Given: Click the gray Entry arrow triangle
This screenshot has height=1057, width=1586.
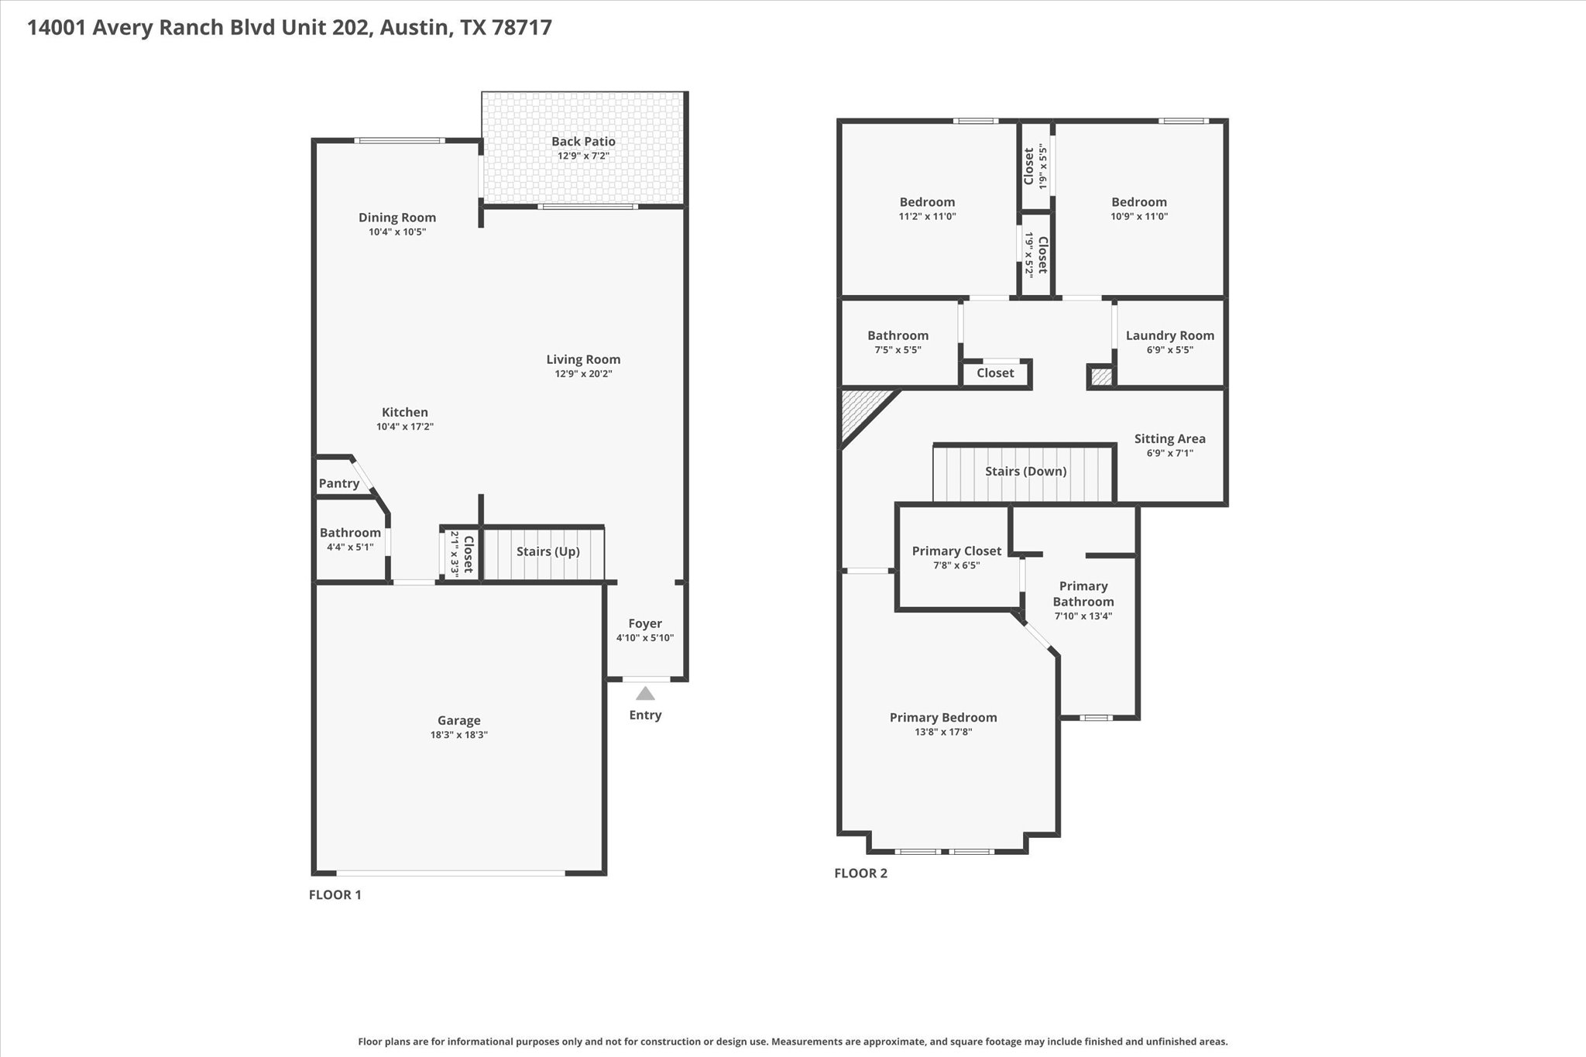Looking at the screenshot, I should [645, 693].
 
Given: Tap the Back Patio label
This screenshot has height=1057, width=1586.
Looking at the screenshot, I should [583, 142].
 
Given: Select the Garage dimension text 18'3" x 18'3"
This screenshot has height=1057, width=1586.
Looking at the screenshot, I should [459, 735].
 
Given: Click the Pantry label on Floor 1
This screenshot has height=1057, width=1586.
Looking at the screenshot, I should [339, 484].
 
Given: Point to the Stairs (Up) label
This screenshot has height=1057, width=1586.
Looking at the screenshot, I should [548, 551].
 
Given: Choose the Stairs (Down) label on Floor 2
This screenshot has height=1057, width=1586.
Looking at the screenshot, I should [1025, 472].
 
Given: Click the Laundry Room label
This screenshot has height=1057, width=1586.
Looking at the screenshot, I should [1169, 335].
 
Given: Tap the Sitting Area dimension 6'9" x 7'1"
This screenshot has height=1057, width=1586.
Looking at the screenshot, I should [1169, 453].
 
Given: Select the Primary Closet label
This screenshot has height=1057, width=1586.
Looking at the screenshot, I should [956, 551].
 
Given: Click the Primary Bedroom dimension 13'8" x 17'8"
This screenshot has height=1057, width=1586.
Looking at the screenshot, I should [943, 732].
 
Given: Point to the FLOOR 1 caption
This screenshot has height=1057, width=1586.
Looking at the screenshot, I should [335, 895].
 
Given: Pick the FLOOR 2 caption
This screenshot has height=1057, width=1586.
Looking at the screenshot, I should [860, 873].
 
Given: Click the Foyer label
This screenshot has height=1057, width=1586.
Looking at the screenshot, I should [645, 623].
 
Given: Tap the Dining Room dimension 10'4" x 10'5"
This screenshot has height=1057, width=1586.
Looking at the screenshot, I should [397, 232].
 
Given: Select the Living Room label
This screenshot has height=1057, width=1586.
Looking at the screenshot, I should [583, 359].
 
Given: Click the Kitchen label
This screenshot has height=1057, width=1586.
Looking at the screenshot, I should [404, 413].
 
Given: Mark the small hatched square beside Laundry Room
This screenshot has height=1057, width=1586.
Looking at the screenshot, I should [1101, 377].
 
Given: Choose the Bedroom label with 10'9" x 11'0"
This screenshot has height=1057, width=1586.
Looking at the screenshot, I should [1138, 202].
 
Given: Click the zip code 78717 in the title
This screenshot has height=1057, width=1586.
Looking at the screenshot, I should [522, 28].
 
